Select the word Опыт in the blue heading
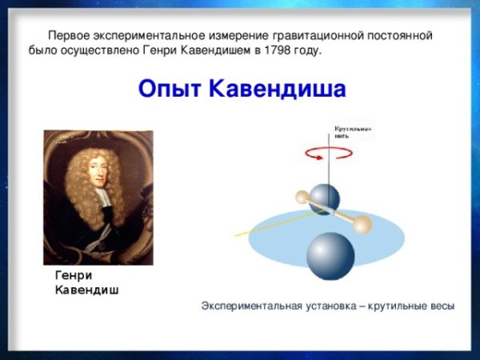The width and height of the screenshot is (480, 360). click(170, 89)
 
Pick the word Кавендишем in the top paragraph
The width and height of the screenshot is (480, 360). click(212, 51)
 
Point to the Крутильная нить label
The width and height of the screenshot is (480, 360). click(353, 132)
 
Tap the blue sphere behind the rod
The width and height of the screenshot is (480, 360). click(325, 198)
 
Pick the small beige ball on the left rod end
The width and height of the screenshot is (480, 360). click(302, 196)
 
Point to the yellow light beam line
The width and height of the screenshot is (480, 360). click(264, 226)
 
